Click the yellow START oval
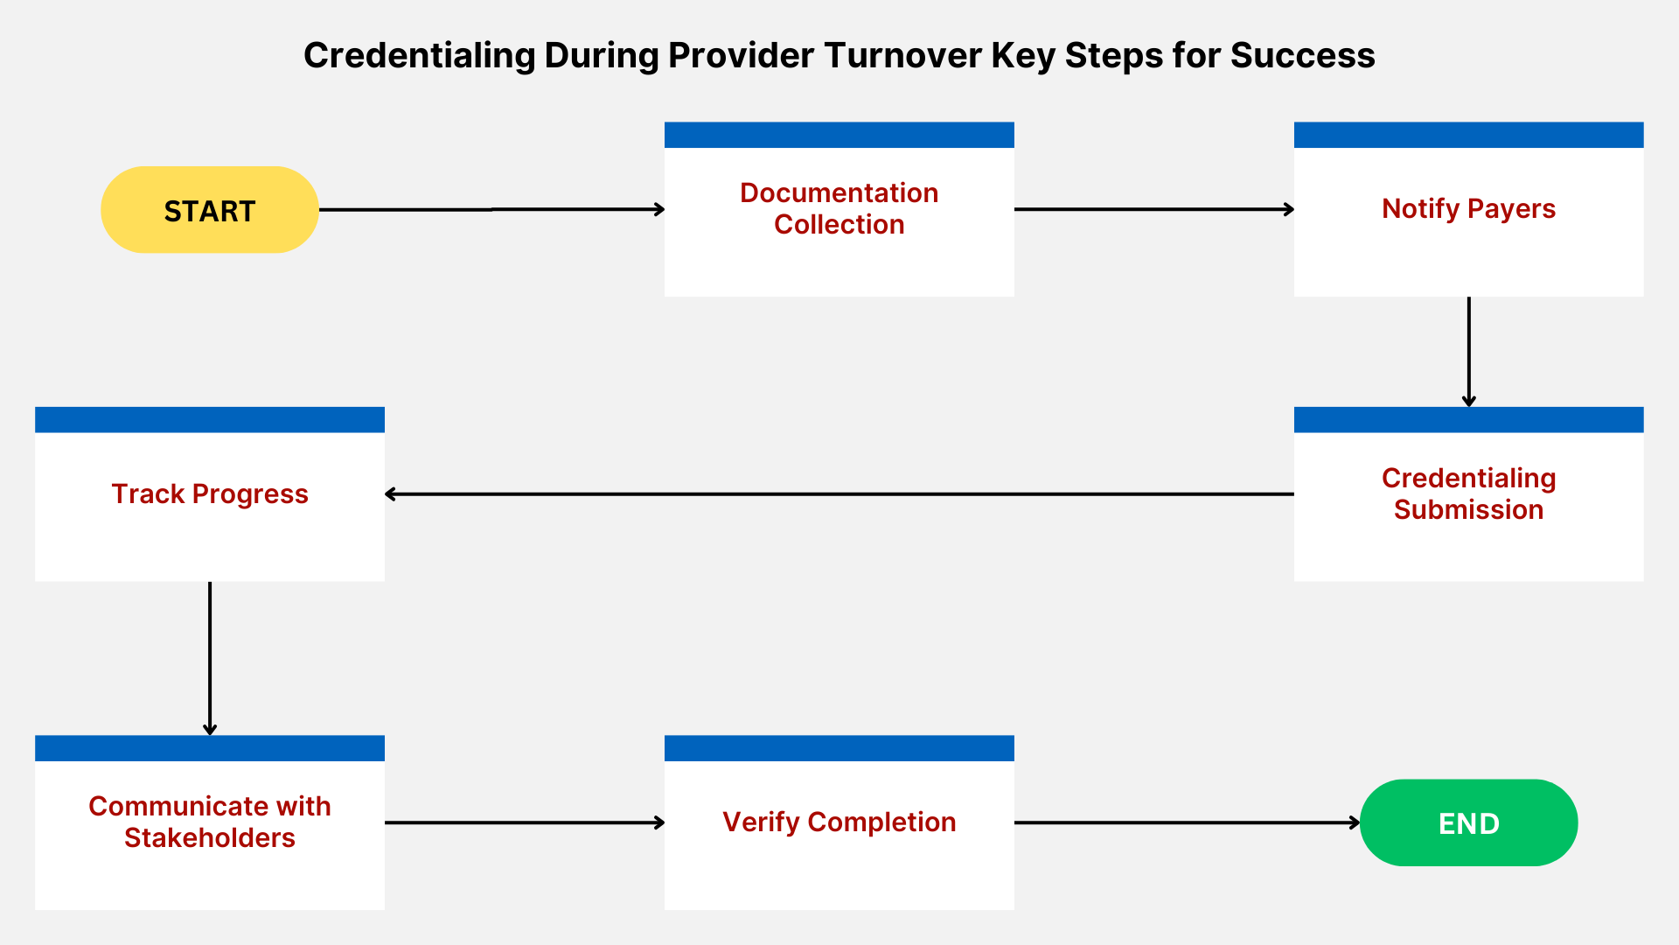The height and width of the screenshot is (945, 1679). point(210,210)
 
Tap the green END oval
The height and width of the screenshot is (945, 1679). point(1468,822)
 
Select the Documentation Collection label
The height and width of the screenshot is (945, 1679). point(839,208)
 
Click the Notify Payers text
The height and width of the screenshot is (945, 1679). point(1468,208)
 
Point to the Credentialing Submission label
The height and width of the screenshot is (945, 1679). point(1468,493)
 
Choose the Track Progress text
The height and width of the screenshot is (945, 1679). point(210,493)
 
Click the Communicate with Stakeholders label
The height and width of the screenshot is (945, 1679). point(210,822)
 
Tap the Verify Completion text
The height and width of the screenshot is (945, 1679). point(839,822)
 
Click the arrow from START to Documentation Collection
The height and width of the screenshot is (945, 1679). point(491,209)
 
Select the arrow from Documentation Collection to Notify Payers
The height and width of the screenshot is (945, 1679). point(1154,209)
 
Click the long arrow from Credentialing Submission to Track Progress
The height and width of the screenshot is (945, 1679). point(839,493)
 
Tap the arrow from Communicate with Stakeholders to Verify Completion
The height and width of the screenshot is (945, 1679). point(525,822)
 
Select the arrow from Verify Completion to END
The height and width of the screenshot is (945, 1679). point(1187,822)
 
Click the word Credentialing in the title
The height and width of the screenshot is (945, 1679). point(419,56)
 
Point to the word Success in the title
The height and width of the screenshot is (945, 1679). point(1302,56)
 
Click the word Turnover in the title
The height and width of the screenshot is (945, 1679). point(902,56)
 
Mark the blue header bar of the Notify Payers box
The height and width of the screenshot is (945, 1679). point(1468,135)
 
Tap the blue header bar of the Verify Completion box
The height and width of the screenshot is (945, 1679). point(839,748)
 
